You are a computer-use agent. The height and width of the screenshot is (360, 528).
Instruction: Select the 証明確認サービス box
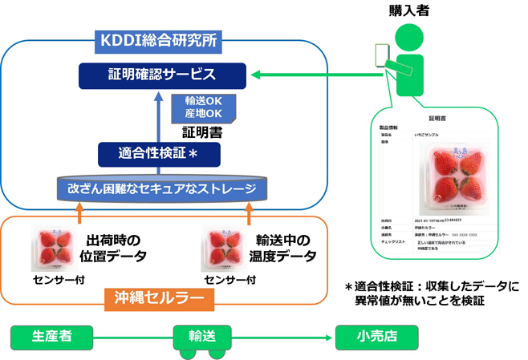point(163,76)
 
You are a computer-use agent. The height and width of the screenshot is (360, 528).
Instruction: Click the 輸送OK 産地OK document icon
point(203,108)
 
